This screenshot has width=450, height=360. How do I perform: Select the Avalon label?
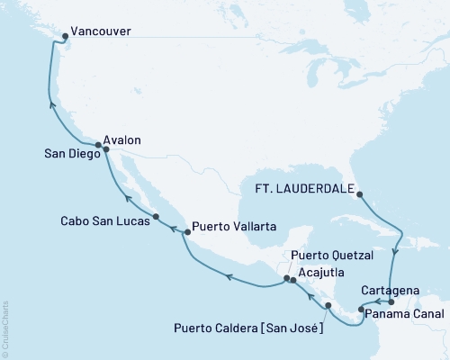[123, 140]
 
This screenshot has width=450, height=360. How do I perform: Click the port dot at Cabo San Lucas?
[156, 217]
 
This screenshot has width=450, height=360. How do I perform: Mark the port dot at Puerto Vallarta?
[186, 232]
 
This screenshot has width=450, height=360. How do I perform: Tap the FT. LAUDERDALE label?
[304, 191]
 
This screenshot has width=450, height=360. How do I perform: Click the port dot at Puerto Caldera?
[328, 306]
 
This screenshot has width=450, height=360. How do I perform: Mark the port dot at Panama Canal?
[361, 310]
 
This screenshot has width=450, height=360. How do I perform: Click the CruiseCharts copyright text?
[5, 328]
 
